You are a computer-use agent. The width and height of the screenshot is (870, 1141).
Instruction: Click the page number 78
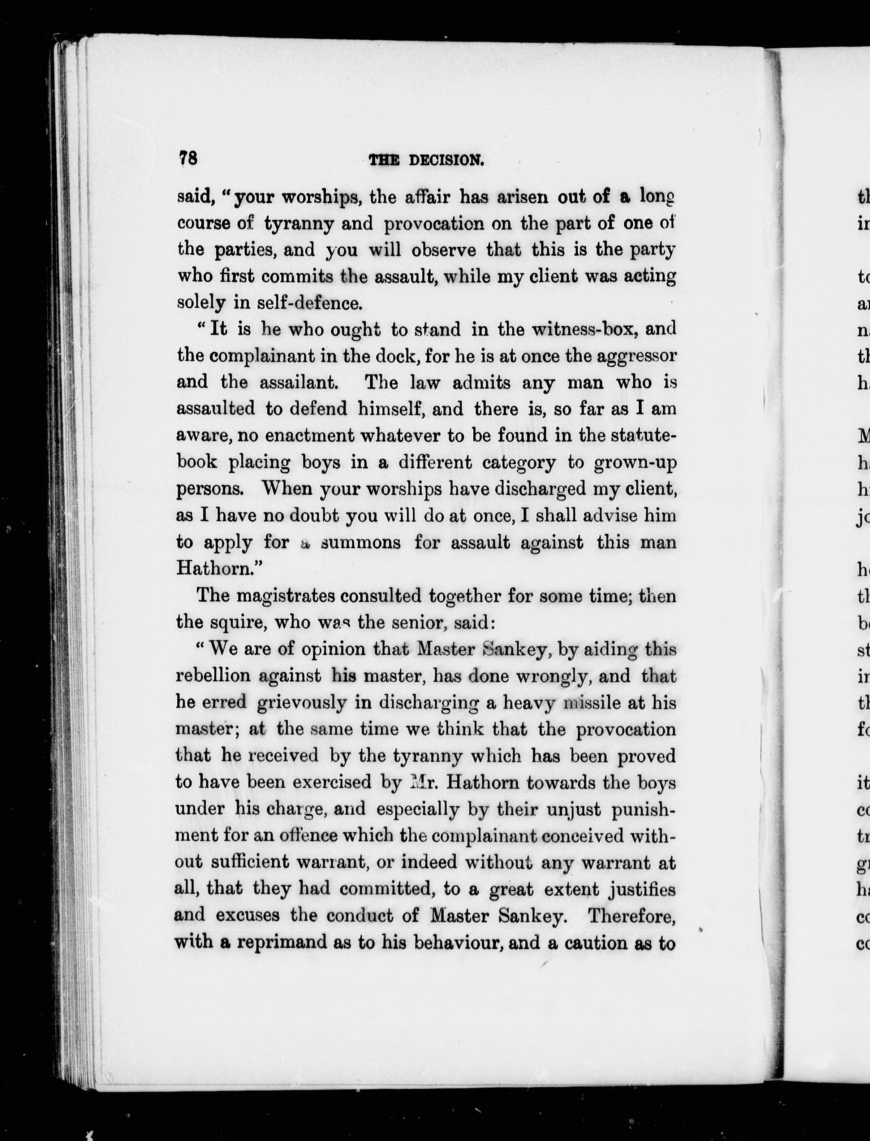[x=188, y=158]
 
